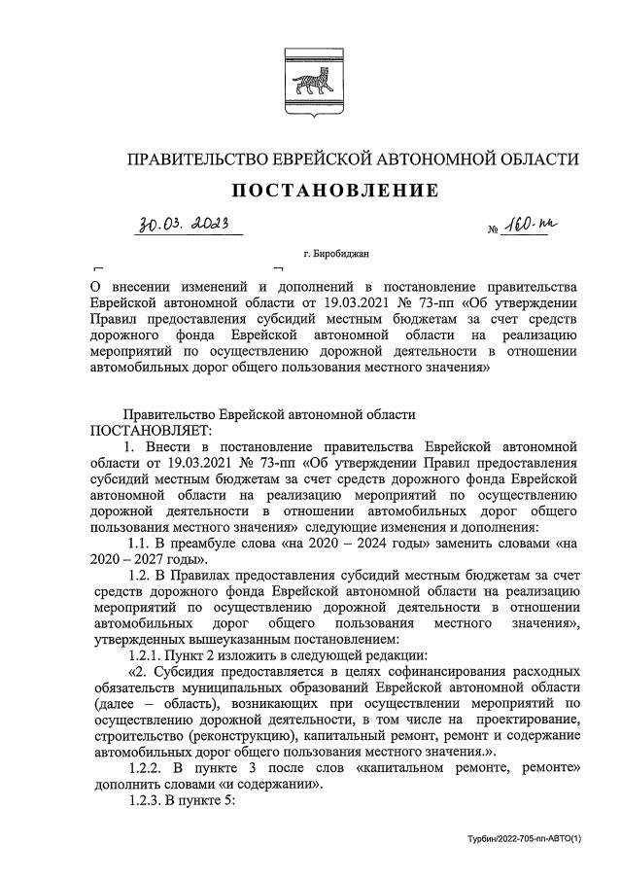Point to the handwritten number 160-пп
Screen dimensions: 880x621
535,227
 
